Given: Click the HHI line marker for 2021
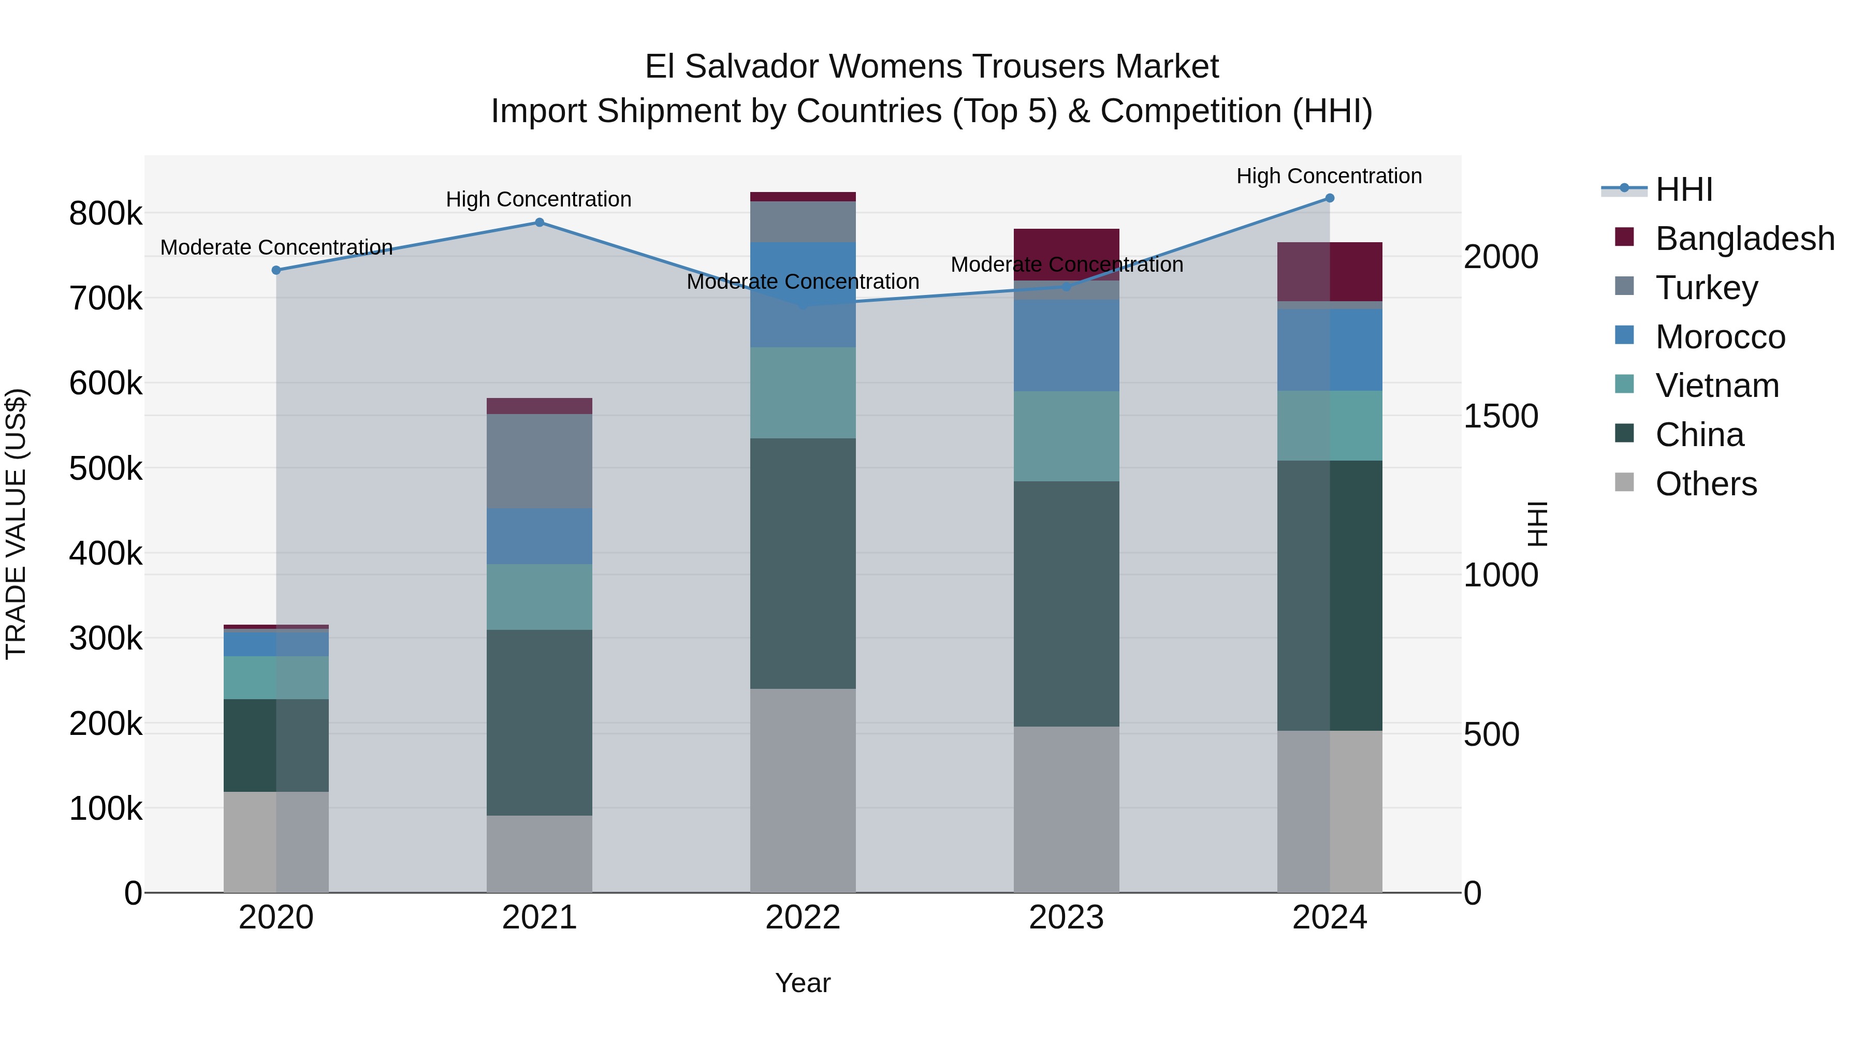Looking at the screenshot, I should click(x=539, y=222).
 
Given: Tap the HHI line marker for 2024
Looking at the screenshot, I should click(x=1329, y=198).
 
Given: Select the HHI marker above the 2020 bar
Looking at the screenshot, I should click(x=275, y=270).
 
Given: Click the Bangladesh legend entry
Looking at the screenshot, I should click(x=1744, y=239).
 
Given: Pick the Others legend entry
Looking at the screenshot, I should click(x=1706, y=484).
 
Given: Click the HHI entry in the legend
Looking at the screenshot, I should click(x=1683, y=189).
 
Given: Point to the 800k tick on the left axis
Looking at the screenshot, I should click(x=106, y=214).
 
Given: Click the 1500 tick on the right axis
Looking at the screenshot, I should click(x=1501, y=417).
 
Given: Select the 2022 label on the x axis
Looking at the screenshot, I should click(x=803, y=918).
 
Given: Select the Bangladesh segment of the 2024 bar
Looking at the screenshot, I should click(x=1329, y=271).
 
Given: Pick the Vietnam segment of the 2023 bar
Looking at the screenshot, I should click(x=1066, y=436).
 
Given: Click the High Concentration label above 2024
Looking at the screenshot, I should click(x=1329, y=176).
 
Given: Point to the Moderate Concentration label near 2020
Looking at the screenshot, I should click(x=275, y=247).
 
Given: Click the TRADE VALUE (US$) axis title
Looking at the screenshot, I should click(x=16, y=524).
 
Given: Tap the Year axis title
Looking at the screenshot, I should click(x=803, y=983).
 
